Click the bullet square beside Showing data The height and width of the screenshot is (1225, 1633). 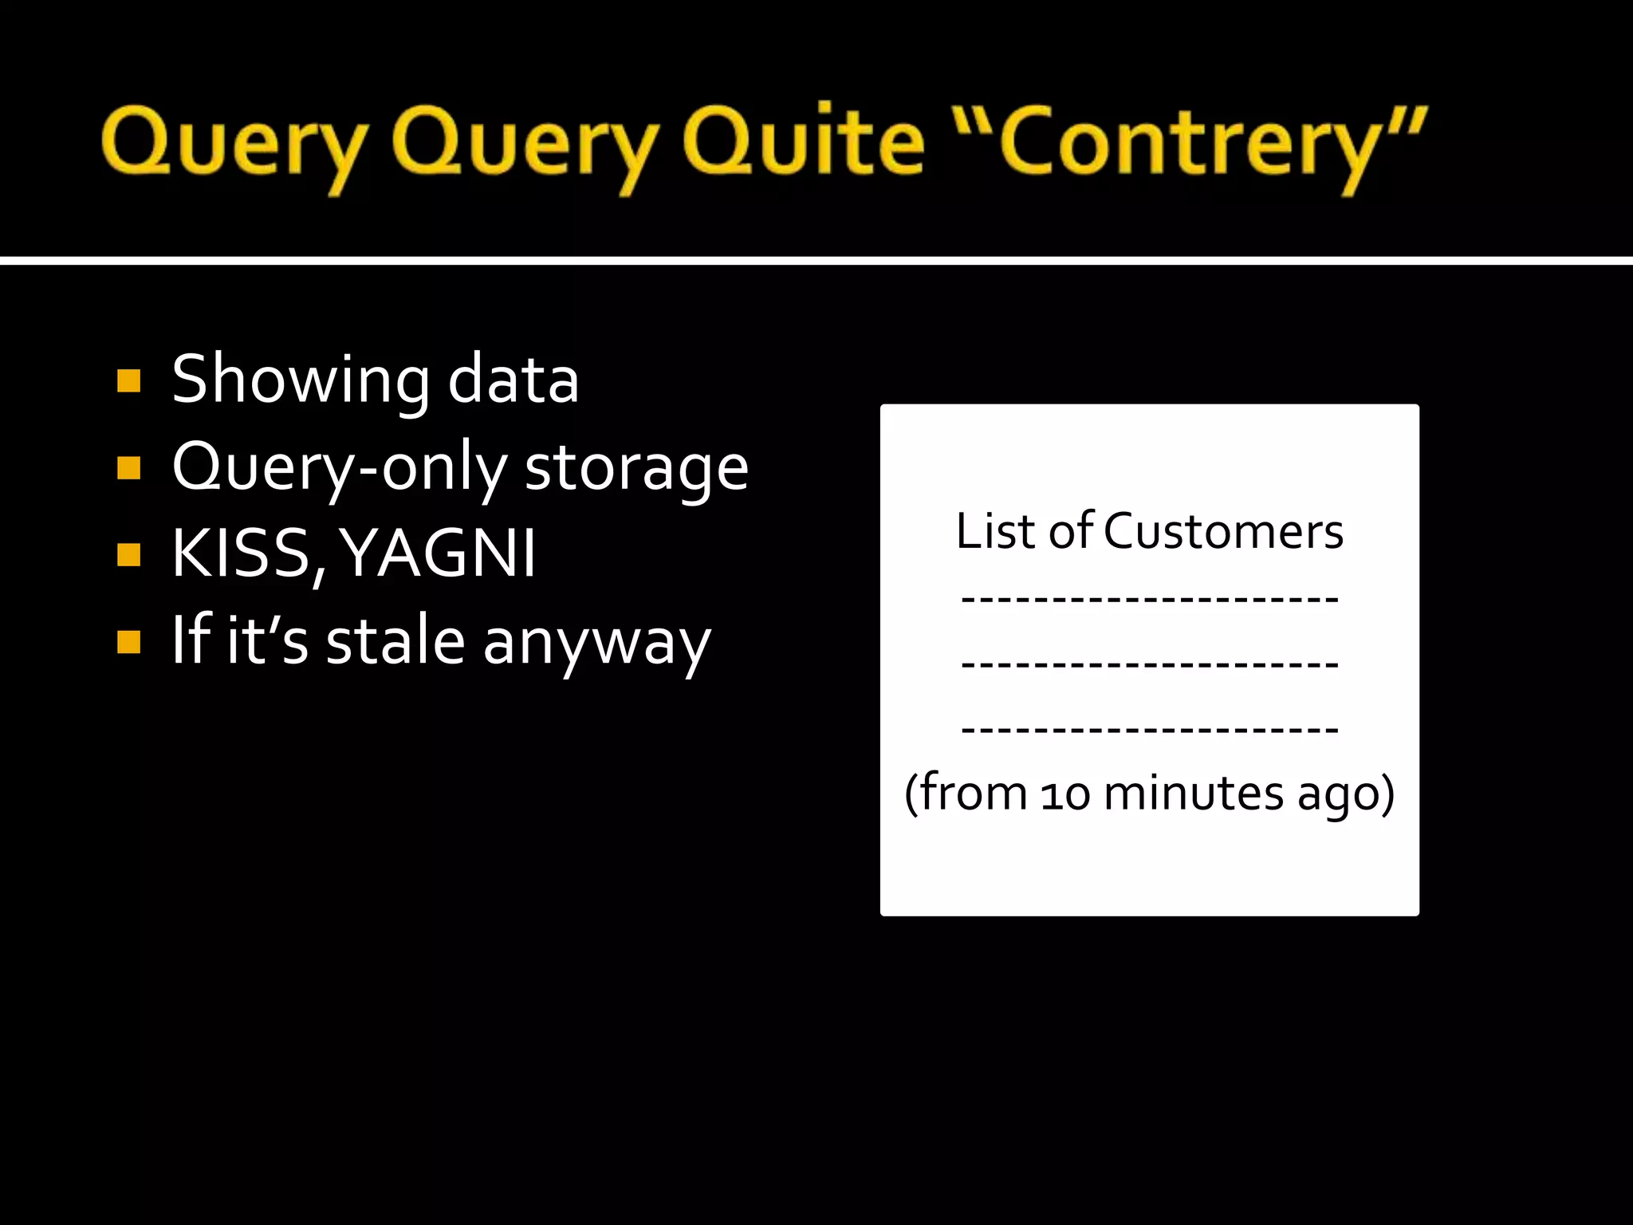pyautogui.click(x=128, y=380)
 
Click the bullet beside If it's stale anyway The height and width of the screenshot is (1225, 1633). pyautogui.click(x=128, y=641)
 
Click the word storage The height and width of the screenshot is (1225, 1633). pyautogui.click(x=636, y=469)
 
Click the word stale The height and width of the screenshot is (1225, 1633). pyautogui.click(x=395, y=641)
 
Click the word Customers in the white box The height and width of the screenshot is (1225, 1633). pyautogui.click(x=1223, y=531)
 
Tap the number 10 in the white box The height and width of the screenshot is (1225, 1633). pyautogui.click(x=1065, y=795)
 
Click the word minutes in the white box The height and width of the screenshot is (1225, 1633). pyautogui.click(x=1194, y=794)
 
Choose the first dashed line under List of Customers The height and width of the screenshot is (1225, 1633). pyautogui.click(x=1149, y=598)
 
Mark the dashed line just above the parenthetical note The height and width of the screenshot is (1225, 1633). pyautogui.click(x=1149, y=729)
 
